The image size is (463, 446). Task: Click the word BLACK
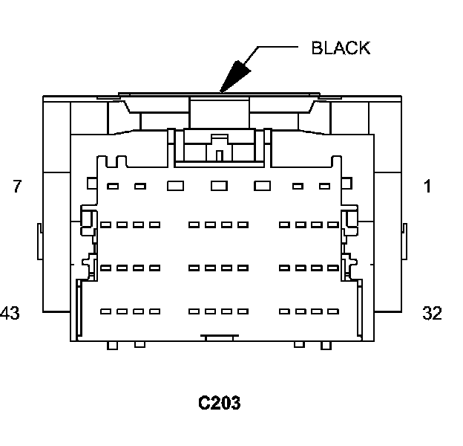(341, 48)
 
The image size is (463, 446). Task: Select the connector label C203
(219, 403)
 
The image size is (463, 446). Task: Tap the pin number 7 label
(17, 187)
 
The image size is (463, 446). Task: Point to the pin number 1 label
(427, 187)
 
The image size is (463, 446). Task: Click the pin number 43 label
(10, 313)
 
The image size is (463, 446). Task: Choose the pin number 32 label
(431, 313)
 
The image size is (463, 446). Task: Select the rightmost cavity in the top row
(324, 186)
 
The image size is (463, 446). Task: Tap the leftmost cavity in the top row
(114, 186)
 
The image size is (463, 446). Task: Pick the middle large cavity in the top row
(219, 186)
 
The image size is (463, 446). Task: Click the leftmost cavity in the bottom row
(105, 311)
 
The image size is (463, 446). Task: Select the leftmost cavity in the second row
(105, 224)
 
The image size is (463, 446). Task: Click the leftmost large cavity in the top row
(175, 186)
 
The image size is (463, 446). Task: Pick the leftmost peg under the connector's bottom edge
(112, 345)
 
